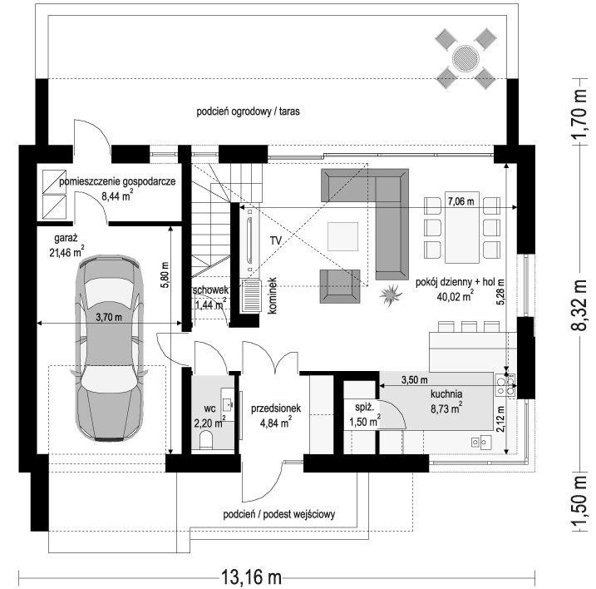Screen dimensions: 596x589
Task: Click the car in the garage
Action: pos(109,348)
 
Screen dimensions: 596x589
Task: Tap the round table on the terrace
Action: pos(465,58)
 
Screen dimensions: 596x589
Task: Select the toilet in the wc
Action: pos(206,439)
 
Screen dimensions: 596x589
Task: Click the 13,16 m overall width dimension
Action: pos(251,577)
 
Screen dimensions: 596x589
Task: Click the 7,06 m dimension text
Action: pos(461,201)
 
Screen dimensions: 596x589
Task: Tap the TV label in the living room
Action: pos(276,240)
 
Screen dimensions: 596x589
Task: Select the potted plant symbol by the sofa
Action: pos(391,294)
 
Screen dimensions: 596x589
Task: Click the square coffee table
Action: pos(342,236)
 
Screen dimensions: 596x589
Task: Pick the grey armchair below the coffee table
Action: pos(340,286)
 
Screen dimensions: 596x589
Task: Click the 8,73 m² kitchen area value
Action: pos(446,408)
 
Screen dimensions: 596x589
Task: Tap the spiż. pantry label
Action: pos(365,407)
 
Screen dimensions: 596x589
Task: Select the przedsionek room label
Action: pos(276,408)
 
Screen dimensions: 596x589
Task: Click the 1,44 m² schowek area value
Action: pos(211,304)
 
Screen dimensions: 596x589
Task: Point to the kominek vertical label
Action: pos(272,295)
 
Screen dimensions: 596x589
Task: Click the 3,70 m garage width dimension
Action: pos(109,317)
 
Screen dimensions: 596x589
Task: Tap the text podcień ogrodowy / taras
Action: pos(248,111)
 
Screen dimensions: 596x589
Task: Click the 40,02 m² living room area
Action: pos(455,296)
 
